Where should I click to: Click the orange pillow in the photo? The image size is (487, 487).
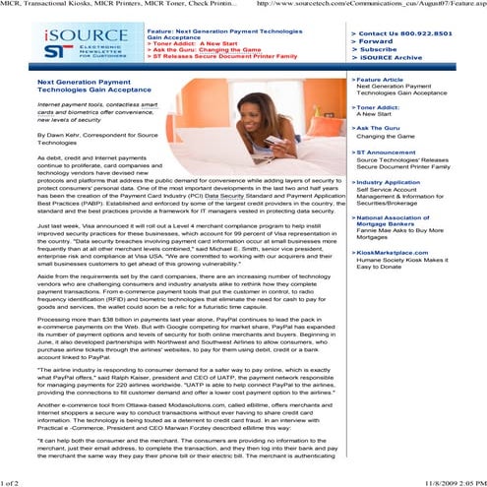pos(313,98)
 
